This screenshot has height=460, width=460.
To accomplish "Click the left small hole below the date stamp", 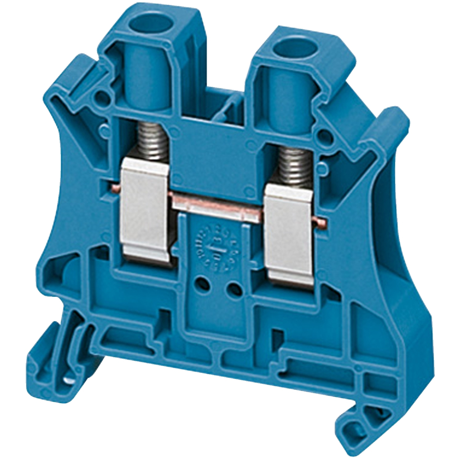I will tap(203, 283).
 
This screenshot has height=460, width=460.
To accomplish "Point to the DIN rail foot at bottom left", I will tap(49, 359).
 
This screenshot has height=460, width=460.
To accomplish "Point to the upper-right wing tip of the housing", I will tap(395, 118).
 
